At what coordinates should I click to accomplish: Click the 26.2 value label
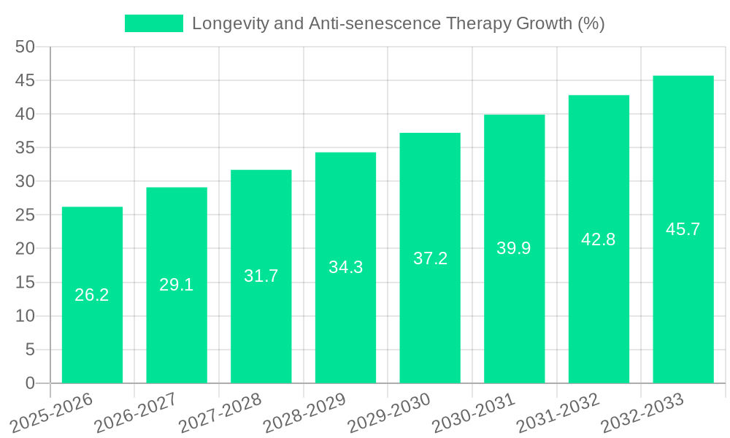[x=92, y=295]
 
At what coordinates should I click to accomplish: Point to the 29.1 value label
[x=177, y=285]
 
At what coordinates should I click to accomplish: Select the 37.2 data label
[x=430, y=258]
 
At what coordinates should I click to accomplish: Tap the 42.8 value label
[x=599, y=239]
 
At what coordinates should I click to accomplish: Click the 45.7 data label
[x=683, y=229]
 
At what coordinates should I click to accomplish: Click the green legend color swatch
[x=153, y=23]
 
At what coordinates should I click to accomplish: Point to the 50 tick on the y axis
[x=26, y=47]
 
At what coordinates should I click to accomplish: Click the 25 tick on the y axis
[x=26, y=215]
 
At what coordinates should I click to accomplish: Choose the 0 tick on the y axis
[x=30, y=383]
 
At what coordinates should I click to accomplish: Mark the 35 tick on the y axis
[x=26, y=147]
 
